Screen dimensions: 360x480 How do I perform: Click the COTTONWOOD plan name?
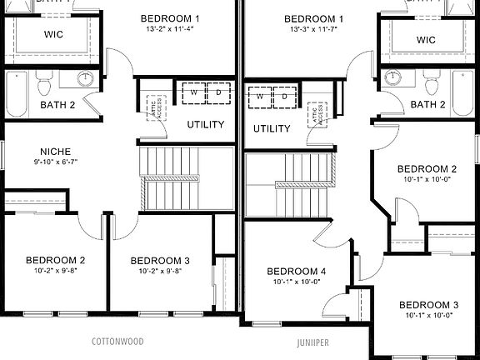pyautogui.click(x=117, y=342)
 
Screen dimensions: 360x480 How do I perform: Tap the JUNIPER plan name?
pyautogui.click(x=313, y=342)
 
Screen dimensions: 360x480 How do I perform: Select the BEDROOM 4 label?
pyautogui.click(x=297, y=272)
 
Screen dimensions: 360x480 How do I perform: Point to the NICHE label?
pyautogui.click(x=55, y=152)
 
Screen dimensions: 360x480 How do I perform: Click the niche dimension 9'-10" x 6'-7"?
pyautogui.click(x=55, y=162)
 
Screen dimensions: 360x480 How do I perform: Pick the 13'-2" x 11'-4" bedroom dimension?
pyautogui.click(x=170, y=29)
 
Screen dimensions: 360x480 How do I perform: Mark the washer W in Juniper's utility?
pyautogui.click(x=260, y=97)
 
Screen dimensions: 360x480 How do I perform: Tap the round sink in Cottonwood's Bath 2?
pyautogui.click(x=86, y=79)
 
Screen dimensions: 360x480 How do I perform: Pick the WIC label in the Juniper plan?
pyautogui.click(x=426, y=40)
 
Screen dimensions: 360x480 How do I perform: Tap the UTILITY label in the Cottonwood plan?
pyautogui.click(x=205, y=125)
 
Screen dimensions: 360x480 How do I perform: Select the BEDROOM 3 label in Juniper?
pyautogui.click(x=428, y=305)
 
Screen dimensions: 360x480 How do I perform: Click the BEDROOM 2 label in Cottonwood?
pyautogui.click(x=55, y=260)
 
